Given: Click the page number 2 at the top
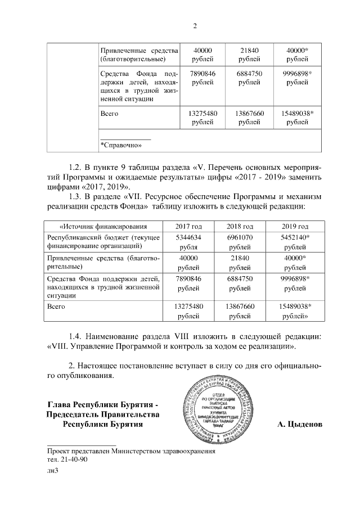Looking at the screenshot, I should coord(195,26).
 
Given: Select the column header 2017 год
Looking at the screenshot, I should coord(189,227).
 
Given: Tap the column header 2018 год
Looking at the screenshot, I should coord(241,227).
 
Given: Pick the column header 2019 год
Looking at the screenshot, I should coord(295,227).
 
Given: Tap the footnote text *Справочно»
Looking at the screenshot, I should coord(120,145).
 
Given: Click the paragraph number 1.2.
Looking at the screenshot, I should coord(75,168).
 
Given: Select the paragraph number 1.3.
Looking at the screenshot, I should coord(75,196).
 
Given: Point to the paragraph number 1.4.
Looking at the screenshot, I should coord(75,336).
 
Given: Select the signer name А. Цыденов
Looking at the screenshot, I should coord(300,424).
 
